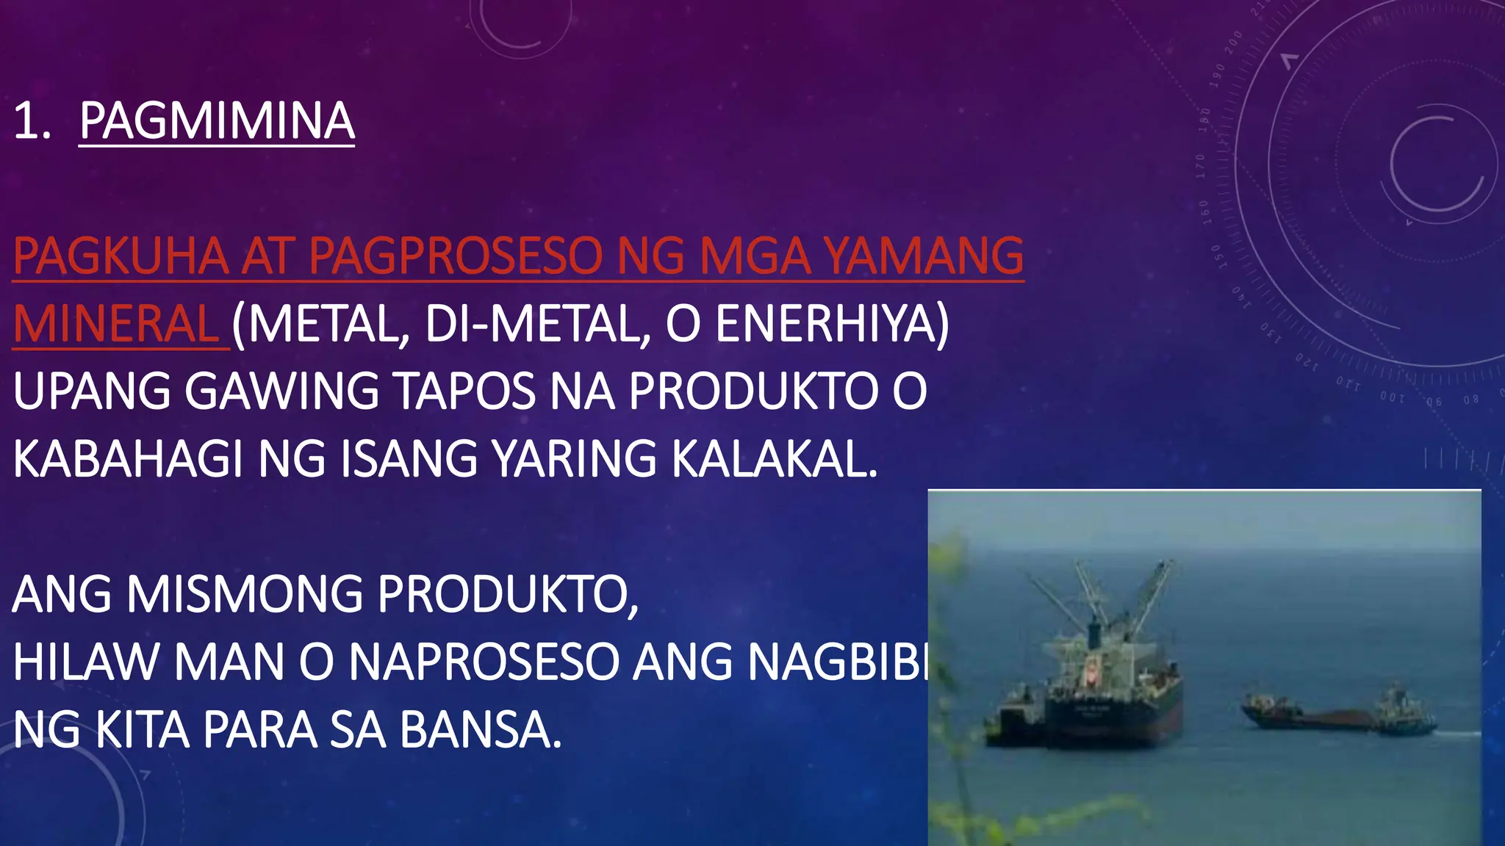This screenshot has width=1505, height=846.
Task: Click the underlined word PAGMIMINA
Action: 217,121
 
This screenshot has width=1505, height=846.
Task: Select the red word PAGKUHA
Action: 121,256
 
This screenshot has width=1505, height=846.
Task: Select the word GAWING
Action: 281,391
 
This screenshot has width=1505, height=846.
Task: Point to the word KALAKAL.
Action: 775,459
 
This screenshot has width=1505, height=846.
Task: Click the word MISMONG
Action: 245,594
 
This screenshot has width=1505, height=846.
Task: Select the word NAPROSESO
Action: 483,662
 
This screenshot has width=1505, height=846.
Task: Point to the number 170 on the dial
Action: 1200,167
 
